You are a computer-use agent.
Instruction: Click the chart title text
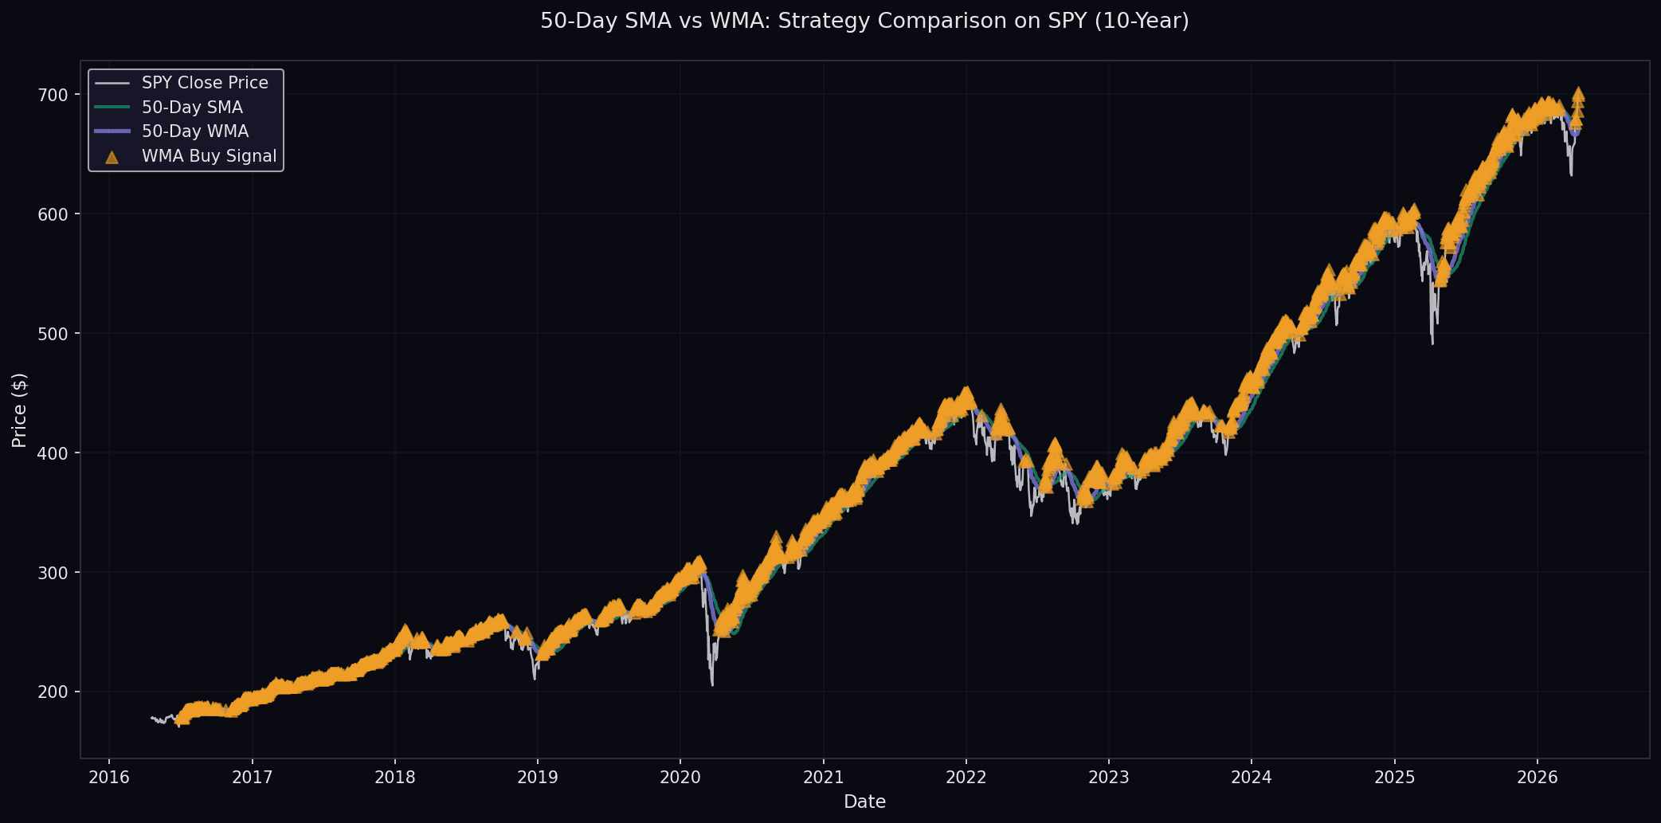point(864,22)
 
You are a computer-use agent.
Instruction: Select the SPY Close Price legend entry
point(205,83)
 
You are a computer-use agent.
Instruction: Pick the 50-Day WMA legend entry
point(195,131)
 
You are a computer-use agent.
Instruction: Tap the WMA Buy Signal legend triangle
point(112,157)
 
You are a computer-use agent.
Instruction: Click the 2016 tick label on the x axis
point(109,778)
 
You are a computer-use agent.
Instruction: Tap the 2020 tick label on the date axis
point(680,778)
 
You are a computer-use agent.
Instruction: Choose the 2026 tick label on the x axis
point(1537,778)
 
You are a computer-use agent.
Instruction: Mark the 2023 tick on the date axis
point(1108,778)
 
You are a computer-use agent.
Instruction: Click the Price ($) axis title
point(20,410)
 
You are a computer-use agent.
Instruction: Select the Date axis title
point(864,801)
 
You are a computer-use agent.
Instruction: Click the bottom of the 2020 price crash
point(712,684)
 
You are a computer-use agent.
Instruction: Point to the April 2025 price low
point(1432,343)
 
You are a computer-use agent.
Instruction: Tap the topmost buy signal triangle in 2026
point(1578,93)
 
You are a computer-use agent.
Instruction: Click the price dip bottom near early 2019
point(535,679)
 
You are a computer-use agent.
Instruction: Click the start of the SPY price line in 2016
point(151,717)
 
